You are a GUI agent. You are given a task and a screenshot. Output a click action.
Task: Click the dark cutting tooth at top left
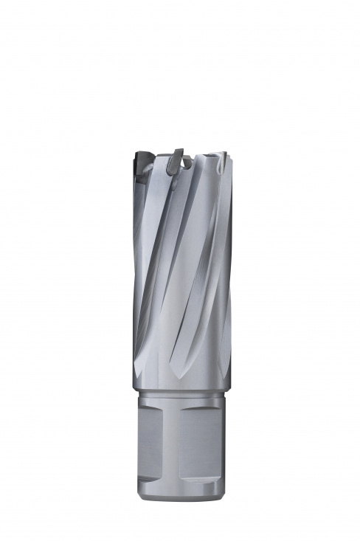[142, 163]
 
